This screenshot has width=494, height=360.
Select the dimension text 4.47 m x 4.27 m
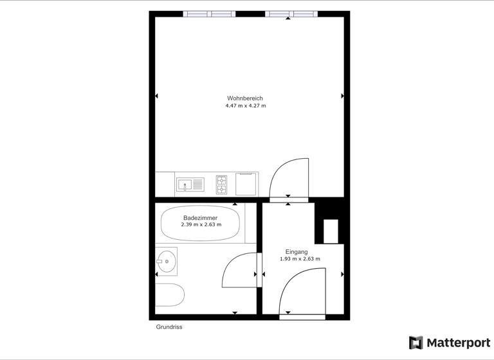pyautogui.click(x=245, y=105)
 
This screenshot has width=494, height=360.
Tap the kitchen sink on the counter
pyautogui.click(x=190, y=185)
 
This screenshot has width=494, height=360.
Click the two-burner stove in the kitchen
pyautogui.click(x=221, y=185)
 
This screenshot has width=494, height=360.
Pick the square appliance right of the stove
pyautogui.click(x=246, y=184)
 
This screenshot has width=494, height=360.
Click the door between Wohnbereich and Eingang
pyautogui.click(x=289, y=179)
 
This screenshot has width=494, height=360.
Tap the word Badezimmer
pyautogui.click(x=201, y=218)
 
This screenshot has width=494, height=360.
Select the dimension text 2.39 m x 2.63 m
pyautogui.click(x=201, y=225)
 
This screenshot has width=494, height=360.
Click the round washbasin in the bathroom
pyautogui.click(x=167, y=261)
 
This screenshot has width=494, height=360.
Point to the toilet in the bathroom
pyautogui.click(x=169, y=294)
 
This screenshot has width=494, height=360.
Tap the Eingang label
pyautogui.click(x=297, y=252)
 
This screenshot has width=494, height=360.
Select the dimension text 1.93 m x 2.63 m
pyautogui.click(x=300, y=259)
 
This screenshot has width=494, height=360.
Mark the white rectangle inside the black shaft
pyautogui.click(x=331, y=231)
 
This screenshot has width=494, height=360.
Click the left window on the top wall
pyautogui.click(x=209, y=14)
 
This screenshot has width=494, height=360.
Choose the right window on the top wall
pyautogui.click(x=291, y=14)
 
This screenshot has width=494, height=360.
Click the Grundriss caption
pyautogui.click(x=169, y=327)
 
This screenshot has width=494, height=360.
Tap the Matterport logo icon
pyautogui.click(x=416, y=343)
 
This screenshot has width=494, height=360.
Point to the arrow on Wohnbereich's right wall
pyautogui.click(x=342, y=96)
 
